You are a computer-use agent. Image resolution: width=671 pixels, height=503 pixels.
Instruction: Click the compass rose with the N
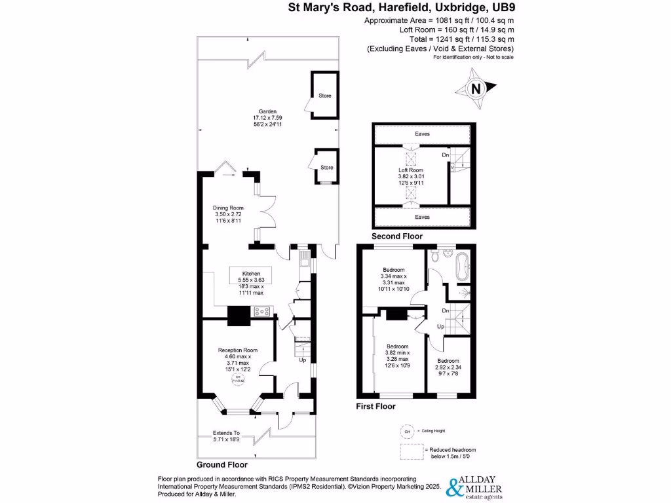click(477, 88)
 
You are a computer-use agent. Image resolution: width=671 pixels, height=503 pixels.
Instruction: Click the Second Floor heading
click(397, 236)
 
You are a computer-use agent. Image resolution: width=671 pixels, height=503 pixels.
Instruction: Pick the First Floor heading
click(375, 406)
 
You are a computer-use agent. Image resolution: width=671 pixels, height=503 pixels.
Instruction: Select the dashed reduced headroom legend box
click(410, 453)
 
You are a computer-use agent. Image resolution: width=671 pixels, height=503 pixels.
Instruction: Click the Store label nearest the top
click(325, 96)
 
